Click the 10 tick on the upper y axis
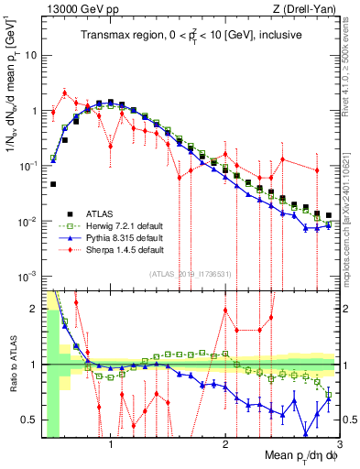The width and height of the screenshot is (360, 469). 32,55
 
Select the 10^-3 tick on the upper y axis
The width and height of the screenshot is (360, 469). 28,277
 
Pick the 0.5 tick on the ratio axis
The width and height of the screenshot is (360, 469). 29,420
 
